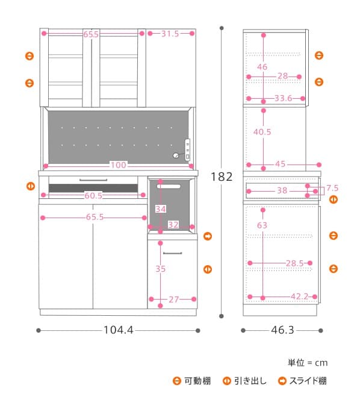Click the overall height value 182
click(222, 177)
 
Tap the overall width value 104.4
click(119, 330)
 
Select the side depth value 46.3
click(282, 330)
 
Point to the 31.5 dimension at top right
click(170, 34)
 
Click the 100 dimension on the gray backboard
click(119, 165)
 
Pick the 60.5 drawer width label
click(93, 196)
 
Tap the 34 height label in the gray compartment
click(161, 209)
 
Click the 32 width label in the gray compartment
click(173, 225)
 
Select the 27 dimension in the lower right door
click(173, 300)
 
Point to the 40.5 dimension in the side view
click(262, 132)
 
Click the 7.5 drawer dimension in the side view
click(332, 188)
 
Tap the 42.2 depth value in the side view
click(300, 297)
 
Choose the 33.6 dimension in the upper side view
click(283, 98)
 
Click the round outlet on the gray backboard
click(176, 155)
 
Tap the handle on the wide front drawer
click(93, 180)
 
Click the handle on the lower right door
click(172, 253)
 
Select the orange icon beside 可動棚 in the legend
click(177, 381)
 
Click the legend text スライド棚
click(308, 381)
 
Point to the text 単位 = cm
click(308, 363)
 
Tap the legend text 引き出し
click(250, 381)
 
